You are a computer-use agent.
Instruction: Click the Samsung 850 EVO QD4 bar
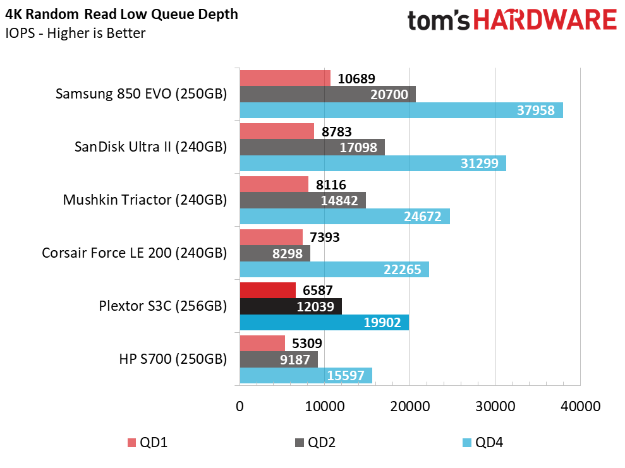pos(401,110)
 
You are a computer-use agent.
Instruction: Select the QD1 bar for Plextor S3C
pos(267,290)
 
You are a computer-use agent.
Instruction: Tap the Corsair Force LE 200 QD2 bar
pos(275,253)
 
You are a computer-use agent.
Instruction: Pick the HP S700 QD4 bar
pos(306,375)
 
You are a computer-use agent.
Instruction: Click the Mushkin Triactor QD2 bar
pos(303,200)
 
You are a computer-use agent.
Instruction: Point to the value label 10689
pos(356,79)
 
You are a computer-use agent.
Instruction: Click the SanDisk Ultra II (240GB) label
pos(150,147)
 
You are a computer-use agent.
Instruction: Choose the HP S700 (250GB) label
pos(173,359)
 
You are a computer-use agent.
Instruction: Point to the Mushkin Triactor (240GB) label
pos(145,200)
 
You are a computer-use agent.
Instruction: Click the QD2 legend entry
pos(315,442)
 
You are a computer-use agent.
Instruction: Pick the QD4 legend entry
pos(483,442)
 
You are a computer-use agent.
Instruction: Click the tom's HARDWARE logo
pos(512,20)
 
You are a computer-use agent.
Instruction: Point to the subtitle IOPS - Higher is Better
pos(76,33)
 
